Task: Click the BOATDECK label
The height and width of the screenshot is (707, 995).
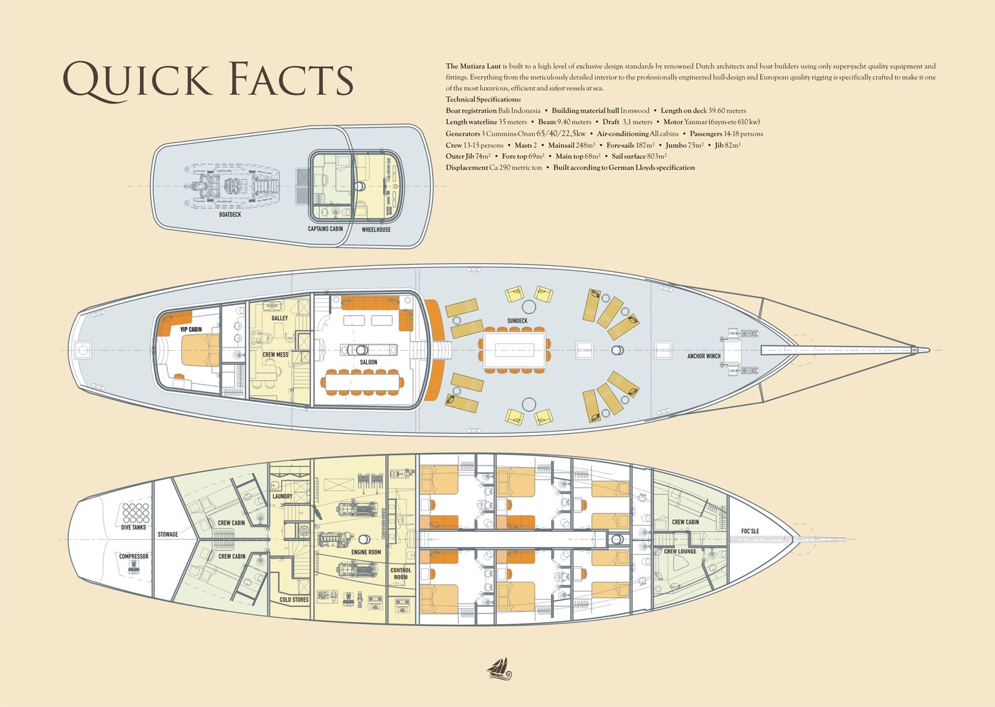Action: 230,214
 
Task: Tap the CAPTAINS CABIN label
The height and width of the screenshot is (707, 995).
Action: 326,229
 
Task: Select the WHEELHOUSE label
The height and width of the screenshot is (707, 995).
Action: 376,229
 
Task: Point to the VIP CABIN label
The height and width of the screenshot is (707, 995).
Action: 191,330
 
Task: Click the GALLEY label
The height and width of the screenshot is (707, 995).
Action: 280,318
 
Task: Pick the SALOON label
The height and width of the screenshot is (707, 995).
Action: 368,362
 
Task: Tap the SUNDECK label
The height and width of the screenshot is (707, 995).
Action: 517,320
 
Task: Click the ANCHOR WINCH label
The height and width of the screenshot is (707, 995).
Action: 704,355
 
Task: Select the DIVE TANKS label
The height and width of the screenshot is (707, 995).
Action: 133,527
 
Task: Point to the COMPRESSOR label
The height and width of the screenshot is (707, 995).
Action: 134,556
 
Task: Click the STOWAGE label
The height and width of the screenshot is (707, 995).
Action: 168,535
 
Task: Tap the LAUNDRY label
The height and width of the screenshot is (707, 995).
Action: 283,496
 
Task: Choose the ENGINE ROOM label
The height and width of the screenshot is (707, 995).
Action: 366,552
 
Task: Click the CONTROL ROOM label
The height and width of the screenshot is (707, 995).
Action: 401,574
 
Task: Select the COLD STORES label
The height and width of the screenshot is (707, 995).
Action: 294,600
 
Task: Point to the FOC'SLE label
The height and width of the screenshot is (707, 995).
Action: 750,531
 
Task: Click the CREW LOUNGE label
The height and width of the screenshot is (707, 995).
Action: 680,552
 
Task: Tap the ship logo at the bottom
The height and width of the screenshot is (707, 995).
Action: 499,669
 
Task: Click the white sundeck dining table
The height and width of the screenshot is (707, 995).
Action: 515,350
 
